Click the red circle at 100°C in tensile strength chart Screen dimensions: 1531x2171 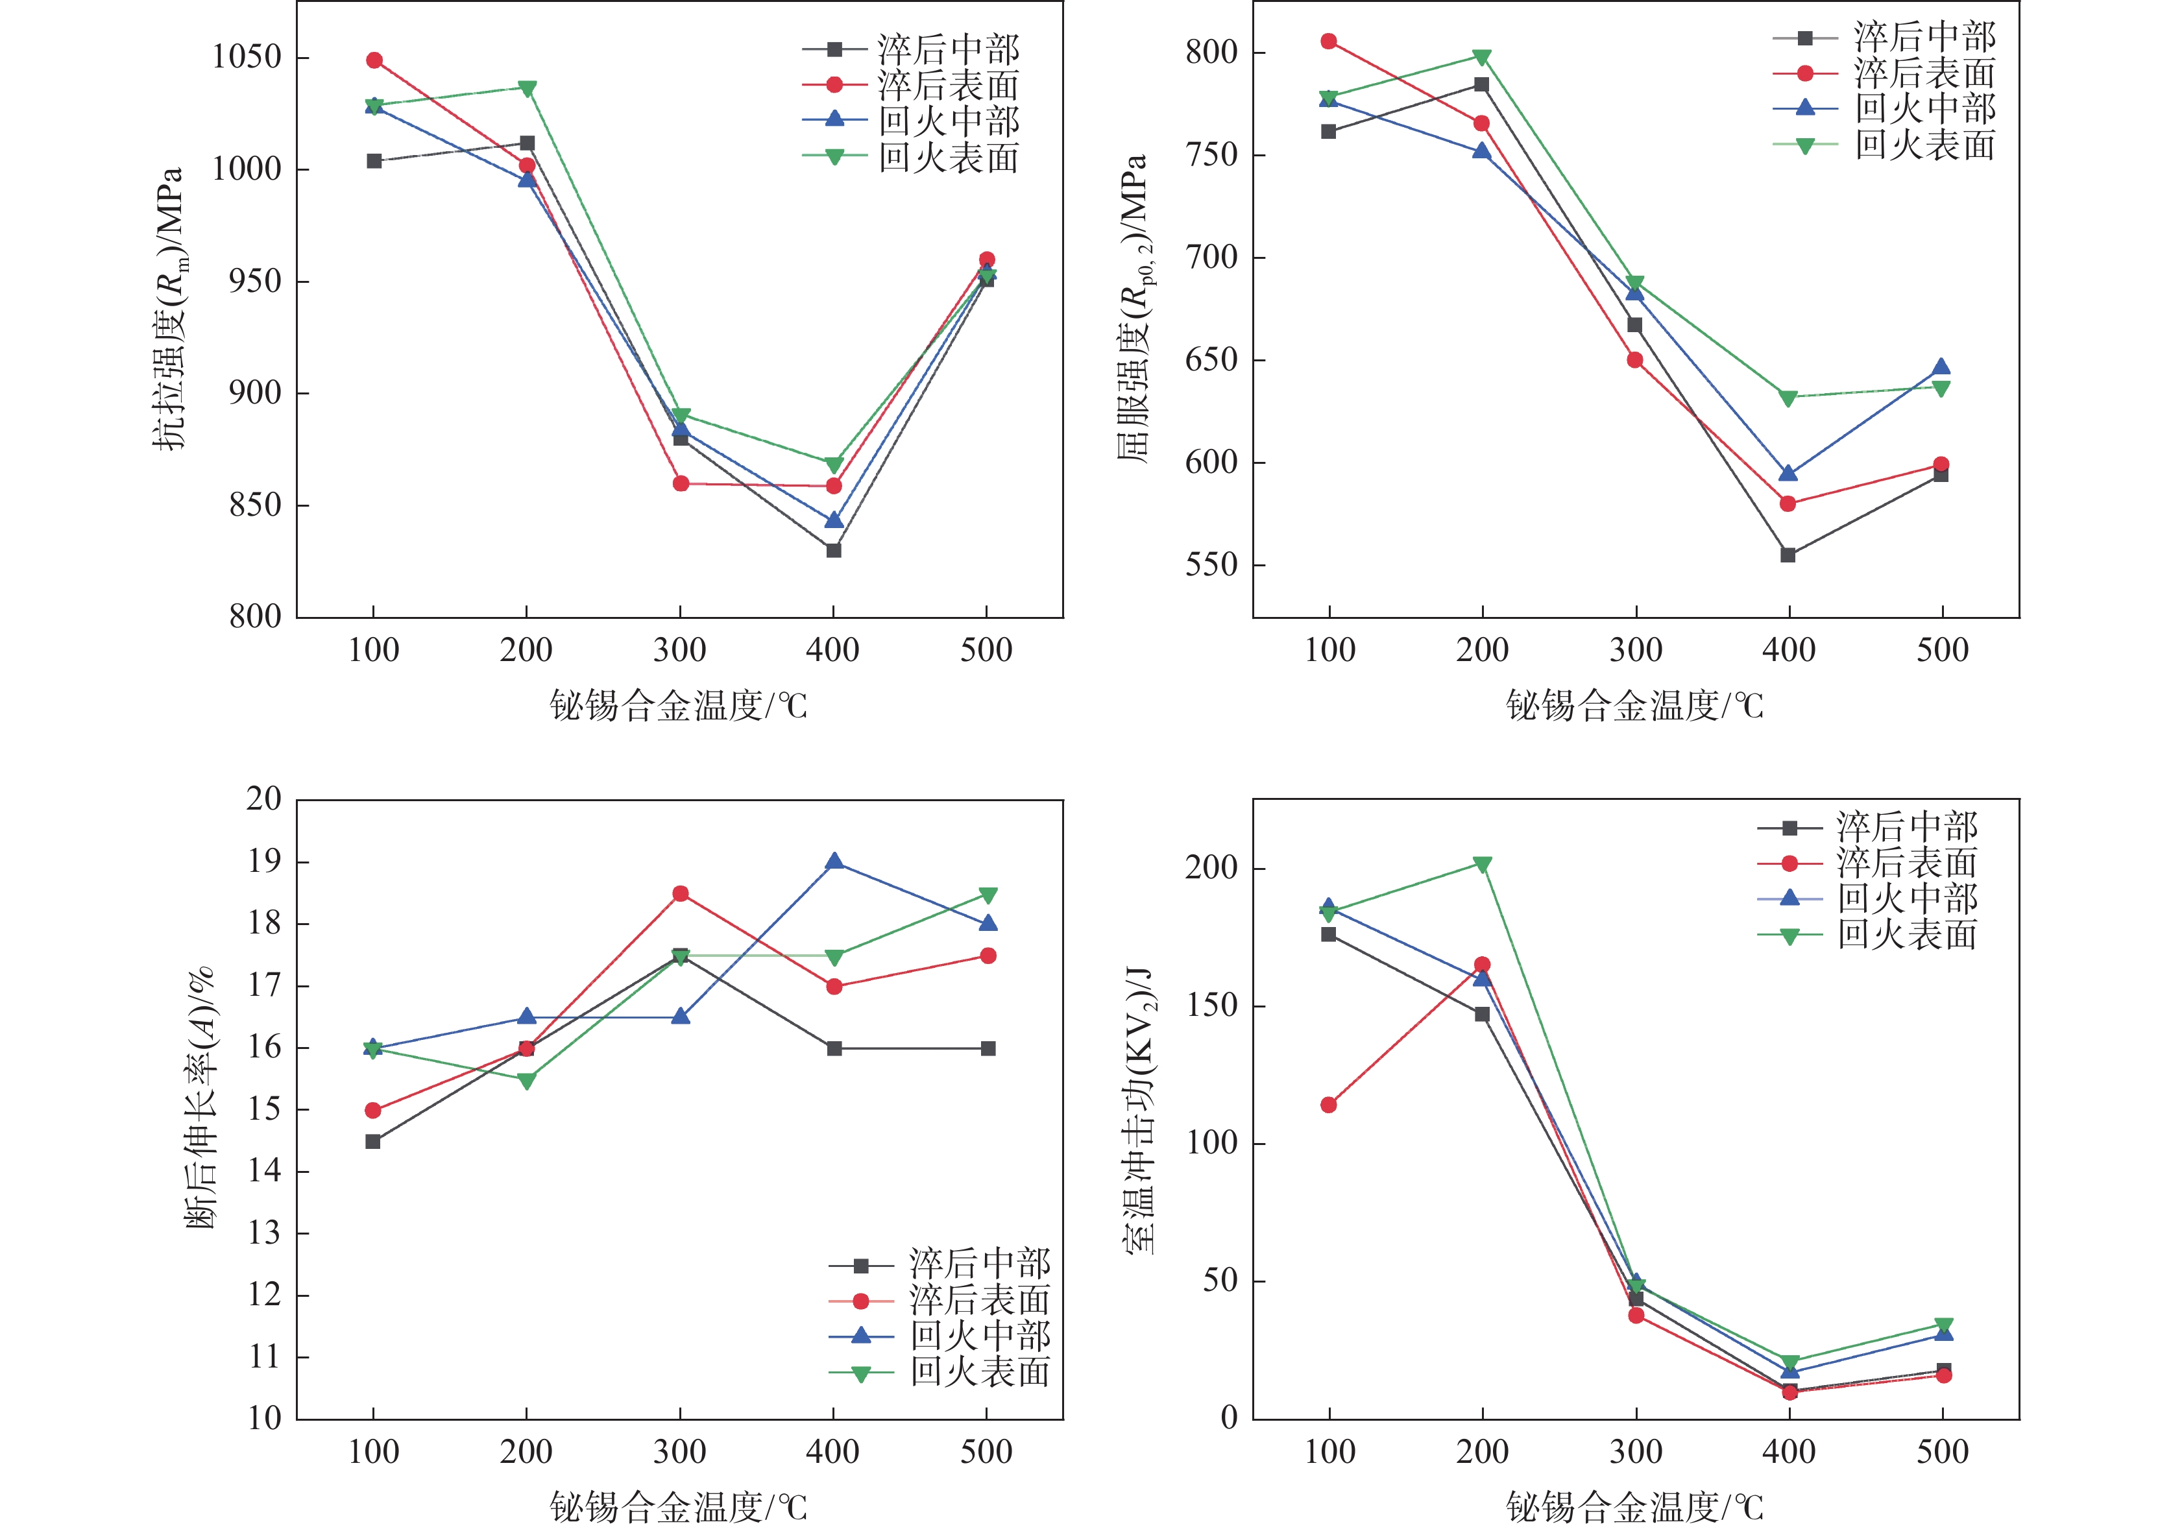click(374, 60)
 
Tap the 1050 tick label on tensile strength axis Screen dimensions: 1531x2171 click(247, 56)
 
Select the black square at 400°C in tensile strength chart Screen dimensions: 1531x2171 click(833, 550)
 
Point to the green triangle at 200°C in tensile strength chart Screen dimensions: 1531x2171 click(528, 89)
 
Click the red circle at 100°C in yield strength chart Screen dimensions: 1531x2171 click(1329, 42)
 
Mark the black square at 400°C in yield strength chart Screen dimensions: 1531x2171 click(1788, 555)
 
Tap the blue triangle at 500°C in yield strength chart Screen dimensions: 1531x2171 click(1941, 368)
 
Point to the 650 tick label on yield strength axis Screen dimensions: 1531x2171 click(1211, 360)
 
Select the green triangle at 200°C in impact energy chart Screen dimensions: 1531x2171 click(1482, 864)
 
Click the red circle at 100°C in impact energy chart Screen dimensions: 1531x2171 click(1329, 1105)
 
